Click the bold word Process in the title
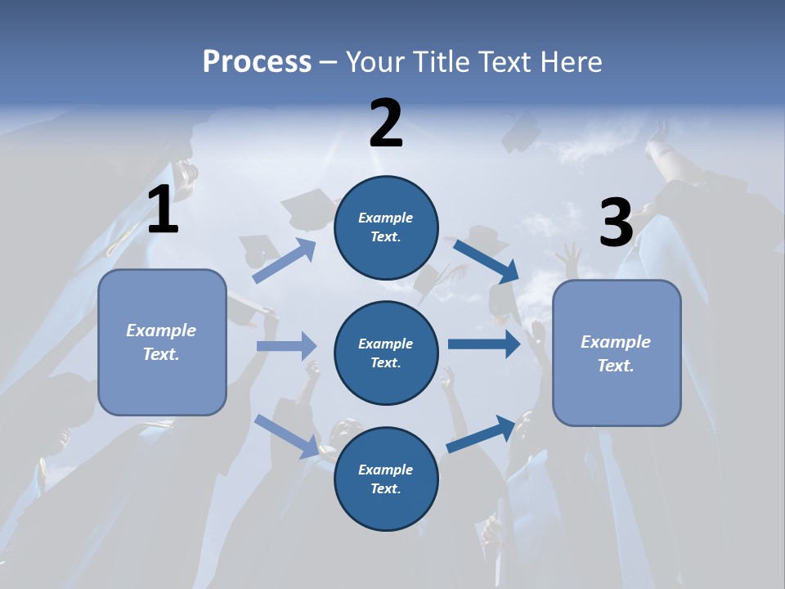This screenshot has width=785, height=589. [257, 61]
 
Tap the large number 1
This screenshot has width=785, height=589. [163, 210]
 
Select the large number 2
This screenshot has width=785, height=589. [386, 123]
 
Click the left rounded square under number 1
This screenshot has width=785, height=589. [162, 342]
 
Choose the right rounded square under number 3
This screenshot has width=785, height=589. [617, 353]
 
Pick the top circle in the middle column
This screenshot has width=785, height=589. [386, 227]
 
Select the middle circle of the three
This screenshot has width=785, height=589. [386, 353]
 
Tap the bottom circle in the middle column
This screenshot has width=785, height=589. [386, 479]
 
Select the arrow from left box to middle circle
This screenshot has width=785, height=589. [286, 346]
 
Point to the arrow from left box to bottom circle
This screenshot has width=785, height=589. [286, 436]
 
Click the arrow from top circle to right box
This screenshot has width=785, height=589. [486, 261]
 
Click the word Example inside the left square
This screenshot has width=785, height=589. [161, 330]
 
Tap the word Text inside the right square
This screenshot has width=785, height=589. [615, 366]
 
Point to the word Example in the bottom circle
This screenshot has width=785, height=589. [386, 470]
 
